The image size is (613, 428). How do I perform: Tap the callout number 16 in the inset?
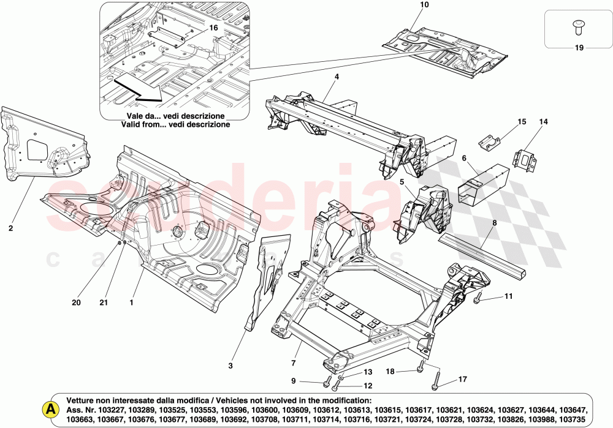213,28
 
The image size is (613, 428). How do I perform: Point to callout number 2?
10,228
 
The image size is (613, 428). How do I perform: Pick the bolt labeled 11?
478,299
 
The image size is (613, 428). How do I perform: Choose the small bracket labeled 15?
490,143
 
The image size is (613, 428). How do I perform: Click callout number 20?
76,302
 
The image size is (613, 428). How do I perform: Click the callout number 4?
337,77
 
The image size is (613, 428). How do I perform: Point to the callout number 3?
230,366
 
